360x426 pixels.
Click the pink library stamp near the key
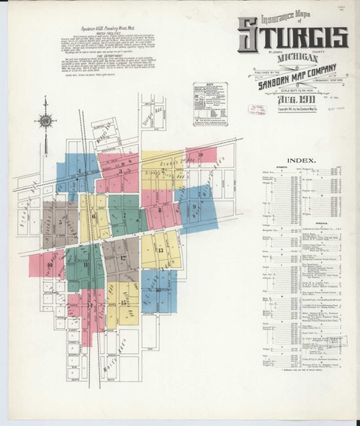(x=257, y=109)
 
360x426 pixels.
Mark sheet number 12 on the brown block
(x=124, y=258)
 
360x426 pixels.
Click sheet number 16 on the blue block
(x=158, y=291)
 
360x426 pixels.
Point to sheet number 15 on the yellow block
(x=124, y=302)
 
